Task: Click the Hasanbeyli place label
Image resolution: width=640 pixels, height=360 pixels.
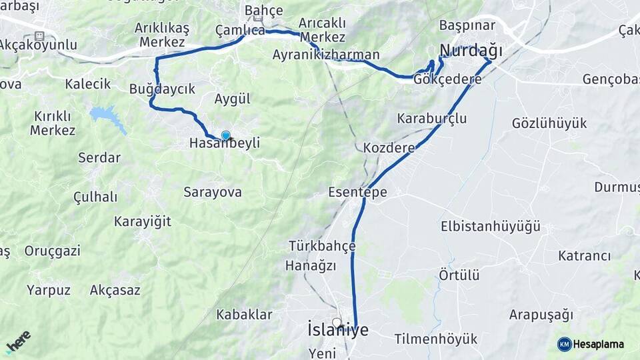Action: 224,143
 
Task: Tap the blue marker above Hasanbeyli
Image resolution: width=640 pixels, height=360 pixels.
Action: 226,135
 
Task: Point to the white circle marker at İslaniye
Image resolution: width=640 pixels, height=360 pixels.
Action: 337,323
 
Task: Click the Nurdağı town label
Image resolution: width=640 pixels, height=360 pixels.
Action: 471,50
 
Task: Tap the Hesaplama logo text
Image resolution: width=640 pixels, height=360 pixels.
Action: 598,344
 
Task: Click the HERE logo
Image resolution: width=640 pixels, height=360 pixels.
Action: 18,342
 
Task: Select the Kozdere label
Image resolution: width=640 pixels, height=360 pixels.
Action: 389,147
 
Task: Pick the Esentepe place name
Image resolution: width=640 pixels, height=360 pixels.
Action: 357,192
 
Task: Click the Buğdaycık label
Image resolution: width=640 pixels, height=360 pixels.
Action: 162,89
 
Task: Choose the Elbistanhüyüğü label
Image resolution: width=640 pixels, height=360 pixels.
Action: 490,227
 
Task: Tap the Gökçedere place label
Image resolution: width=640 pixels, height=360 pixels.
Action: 447,79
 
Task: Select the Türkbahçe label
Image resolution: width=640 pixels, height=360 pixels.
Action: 322,246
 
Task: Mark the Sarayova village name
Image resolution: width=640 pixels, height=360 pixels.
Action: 213,192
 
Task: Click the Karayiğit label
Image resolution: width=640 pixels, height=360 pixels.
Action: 143,221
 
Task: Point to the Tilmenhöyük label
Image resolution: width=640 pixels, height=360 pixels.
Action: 435,339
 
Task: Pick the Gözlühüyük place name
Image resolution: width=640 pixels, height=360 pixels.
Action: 549,123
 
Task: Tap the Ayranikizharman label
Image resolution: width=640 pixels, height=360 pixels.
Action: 326,55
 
